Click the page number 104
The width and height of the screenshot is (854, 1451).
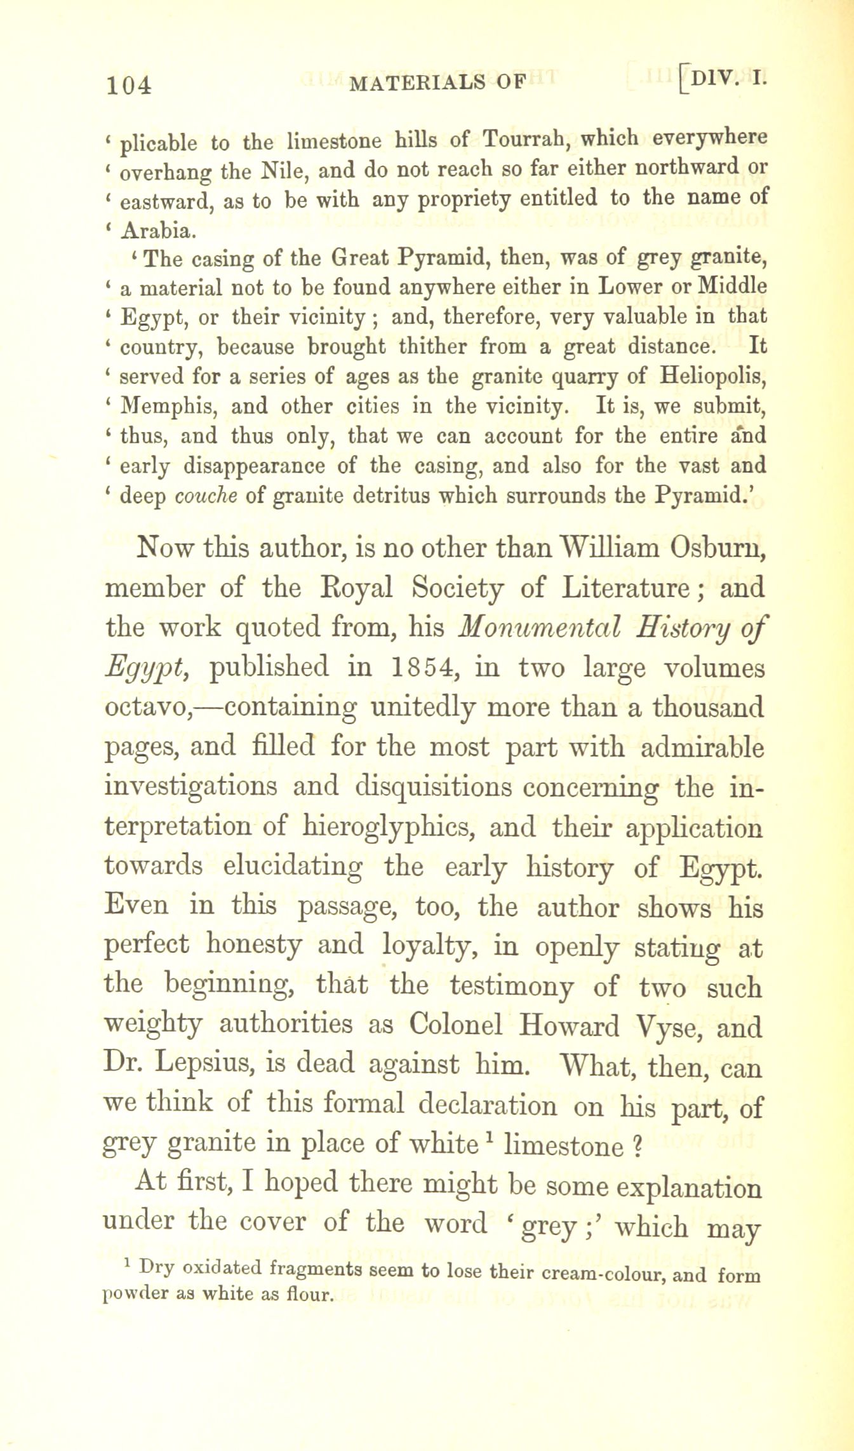(x=130, y=85)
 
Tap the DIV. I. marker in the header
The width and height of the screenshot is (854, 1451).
(x=730, y=79)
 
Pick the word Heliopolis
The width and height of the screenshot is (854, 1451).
(x=712, y=376)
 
